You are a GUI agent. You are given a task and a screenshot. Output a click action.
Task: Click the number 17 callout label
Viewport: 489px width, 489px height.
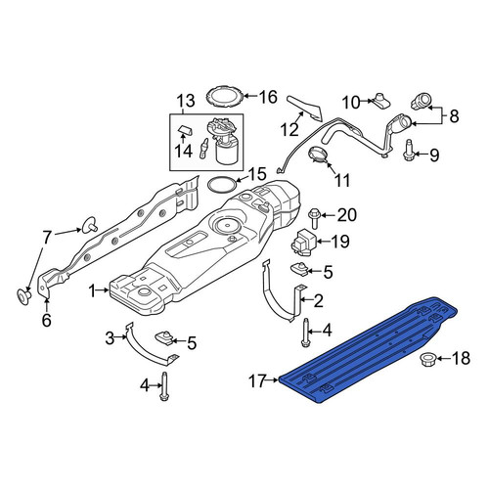(x=258, y=380)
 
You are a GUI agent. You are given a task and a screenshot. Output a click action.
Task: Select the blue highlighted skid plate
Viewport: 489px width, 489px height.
(x=369, y=350)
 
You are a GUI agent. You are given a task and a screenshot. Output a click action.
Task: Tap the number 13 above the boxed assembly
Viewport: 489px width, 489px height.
(x=187, y=101)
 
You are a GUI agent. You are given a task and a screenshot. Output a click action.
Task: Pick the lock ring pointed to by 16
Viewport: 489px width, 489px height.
(x=225, y=96)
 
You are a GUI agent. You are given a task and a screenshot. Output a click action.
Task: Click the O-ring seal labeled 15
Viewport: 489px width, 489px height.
(x=222, y=185)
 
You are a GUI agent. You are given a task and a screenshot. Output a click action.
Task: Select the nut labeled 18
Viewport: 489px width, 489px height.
(x=427, y=359)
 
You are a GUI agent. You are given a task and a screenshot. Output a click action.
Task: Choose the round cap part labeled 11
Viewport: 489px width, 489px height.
(x=319, y=155)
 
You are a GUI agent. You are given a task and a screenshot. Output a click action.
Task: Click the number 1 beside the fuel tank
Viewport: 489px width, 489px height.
(x=93, y=291)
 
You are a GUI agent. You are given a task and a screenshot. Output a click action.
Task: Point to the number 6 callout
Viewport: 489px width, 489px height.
(x=47, y=320)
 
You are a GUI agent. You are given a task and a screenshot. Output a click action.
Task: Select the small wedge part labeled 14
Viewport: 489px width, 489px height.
(x=185, y=130)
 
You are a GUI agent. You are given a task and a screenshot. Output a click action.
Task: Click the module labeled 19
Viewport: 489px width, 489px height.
(x=303, y=243)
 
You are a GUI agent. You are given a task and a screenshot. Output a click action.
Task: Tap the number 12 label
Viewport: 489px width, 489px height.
(x=289, y=129)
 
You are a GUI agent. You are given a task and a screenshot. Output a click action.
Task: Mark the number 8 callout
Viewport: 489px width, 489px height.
(x=454, y=115)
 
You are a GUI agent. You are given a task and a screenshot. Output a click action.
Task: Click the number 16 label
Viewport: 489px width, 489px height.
(x=268, y=97)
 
